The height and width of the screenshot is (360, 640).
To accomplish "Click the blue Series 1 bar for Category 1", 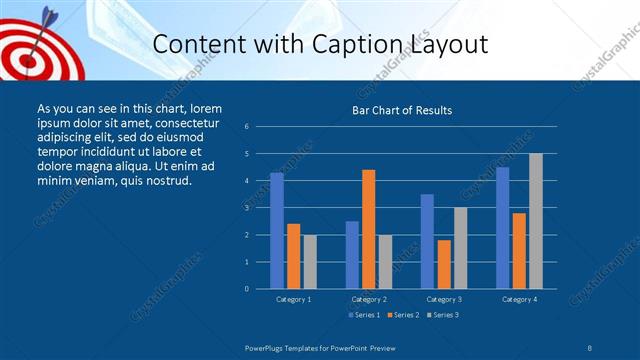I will (x=277, y=230).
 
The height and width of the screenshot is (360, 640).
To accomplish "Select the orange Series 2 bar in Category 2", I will (x=369, y=229).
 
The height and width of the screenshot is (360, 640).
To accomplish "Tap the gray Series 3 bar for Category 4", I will (x=536, y=220).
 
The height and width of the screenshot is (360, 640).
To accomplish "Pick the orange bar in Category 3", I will (x=444, y=264).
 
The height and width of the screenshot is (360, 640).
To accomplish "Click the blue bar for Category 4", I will (x=503, y=227).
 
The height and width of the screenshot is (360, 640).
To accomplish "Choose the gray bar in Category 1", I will (x=309, y=261).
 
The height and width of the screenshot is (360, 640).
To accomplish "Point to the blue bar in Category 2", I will (x=352, y=254).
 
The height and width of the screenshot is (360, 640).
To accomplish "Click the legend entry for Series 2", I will (x=403, y=316).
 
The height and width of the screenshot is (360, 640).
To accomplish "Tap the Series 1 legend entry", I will (x=365, y=316).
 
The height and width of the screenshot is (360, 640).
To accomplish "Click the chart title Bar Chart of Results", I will (x=402, y=110).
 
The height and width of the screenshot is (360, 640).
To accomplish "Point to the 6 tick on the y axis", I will (x=246, y=127).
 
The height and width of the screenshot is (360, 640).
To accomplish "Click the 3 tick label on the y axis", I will (x=246, y=208).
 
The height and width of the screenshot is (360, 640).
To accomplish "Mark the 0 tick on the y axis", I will (x=246, y=289).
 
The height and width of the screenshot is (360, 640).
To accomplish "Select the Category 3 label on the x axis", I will (x=444, y=299).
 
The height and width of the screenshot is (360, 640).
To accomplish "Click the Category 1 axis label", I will (x=293, y=299).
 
